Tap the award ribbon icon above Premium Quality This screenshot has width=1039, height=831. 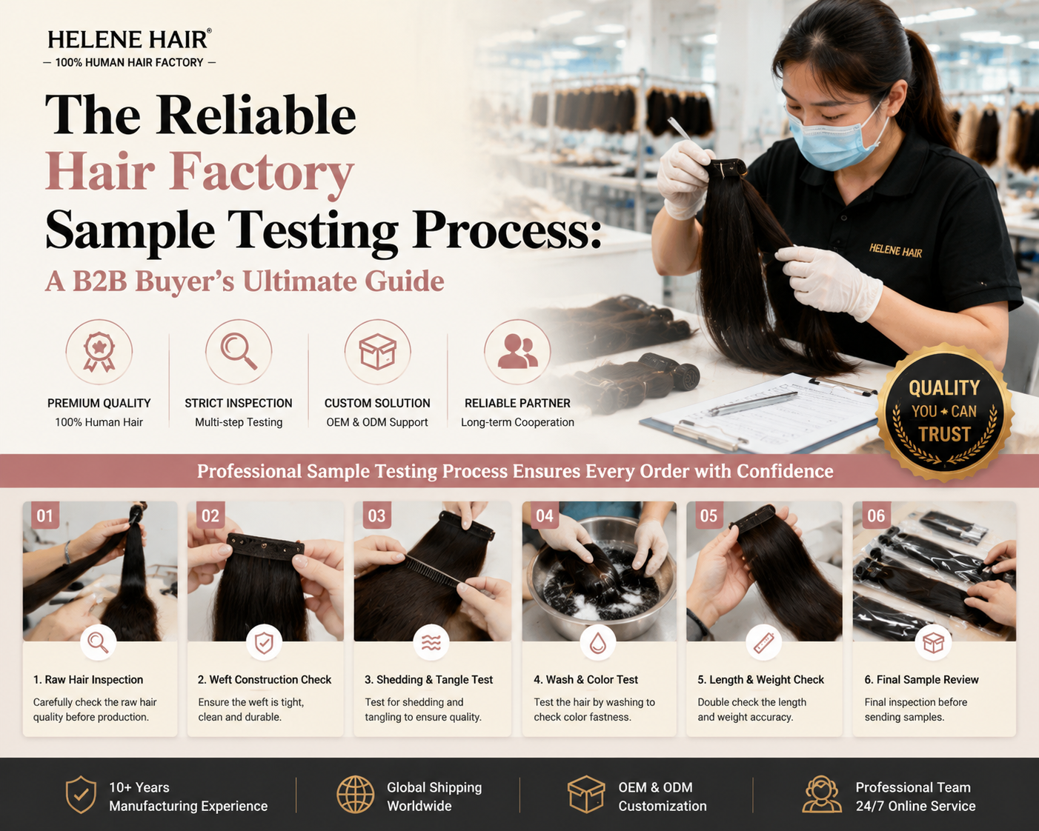pos(99,351)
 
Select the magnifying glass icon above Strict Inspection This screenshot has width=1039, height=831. pos(239,351)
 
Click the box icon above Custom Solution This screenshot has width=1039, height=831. pos(377,351)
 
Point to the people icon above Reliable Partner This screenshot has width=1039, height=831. pos(517,351)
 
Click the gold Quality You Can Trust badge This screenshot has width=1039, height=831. pos(944,412)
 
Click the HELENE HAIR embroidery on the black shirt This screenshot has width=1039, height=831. pos(896,250)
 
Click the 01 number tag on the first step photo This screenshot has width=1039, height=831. pos(45,516)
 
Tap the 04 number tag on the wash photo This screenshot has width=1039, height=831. pos(545,516)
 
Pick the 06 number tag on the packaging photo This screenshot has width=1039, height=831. pos(876,516)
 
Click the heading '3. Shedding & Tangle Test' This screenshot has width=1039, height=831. pos(429,679)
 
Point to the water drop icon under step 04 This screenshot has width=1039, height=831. pos(598,643)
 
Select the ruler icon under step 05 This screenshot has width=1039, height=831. pos(764,643)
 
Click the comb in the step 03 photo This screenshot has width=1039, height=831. pos(431,570)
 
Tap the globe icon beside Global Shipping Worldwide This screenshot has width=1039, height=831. pos(355,795)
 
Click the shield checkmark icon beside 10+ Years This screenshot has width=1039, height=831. pos(81,795)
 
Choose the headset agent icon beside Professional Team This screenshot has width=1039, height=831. pos(822,795)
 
